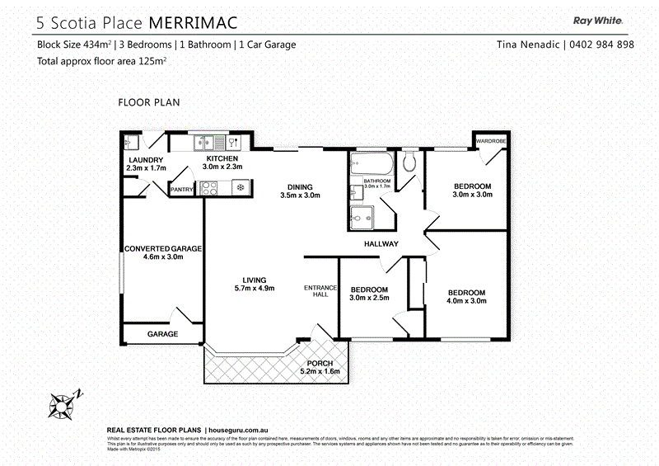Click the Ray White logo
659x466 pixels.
pyautogui.click(x=597, y=21)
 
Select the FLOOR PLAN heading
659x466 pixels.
pyautogui.click(x=149, y=102)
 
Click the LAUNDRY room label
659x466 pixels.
pyautogui.click(x=147, y=160)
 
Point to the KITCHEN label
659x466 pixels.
pyautogui.click(x=222, y=158)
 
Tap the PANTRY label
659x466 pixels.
pyautogui.click(x=182, y=191)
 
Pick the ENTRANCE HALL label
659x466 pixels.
pyautogui.click(x=316, y=290)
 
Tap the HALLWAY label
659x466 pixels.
pyautogui.click(x=381, y=243)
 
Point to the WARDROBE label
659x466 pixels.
pyautogui.click(x=490, y=141)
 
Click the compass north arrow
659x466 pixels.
pyautogui.click(x=65, y=402)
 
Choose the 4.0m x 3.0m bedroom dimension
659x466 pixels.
pyautogui.click(x=466, y=301)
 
